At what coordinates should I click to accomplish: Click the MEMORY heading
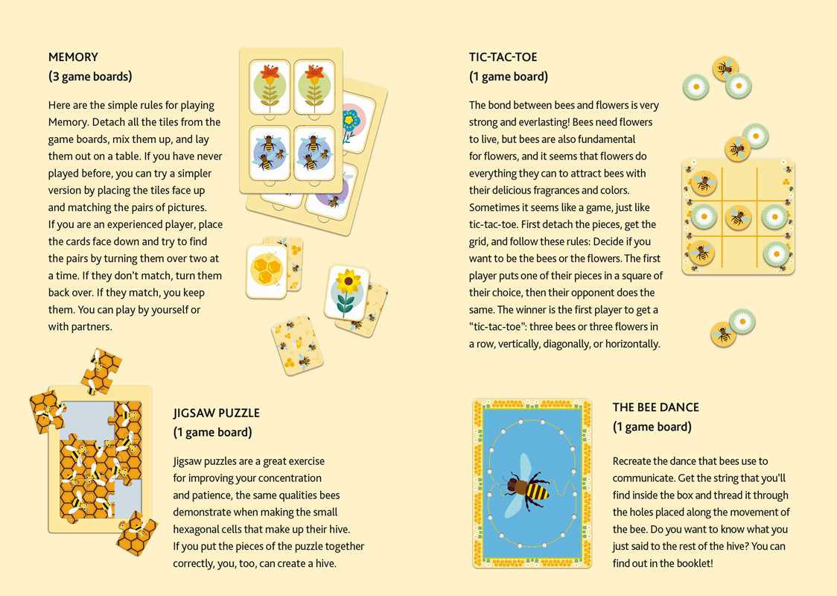pyautogui.click(x=73, y=57)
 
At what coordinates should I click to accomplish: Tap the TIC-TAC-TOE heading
pyautogui.click(x=503, y=57)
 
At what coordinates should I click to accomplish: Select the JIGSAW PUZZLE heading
pyautogui.click(x=216, y=413)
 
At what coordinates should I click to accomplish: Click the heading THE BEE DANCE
pyautogui.click(x=655, y=408)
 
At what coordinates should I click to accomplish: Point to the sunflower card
pyautogui.click(x=346, y=292)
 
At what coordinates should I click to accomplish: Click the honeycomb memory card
pyautogui.click(x=267, y=271)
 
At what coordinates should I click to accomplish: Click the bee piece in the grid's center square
pyautogui.click(x=738, y=218)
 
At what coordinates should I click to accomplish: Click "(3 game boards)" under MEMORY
pyautogui.click(x=90, y=76)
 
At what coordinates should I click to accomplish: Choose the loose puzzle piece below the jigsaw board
pyautogui.click(x=137, y=533)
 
